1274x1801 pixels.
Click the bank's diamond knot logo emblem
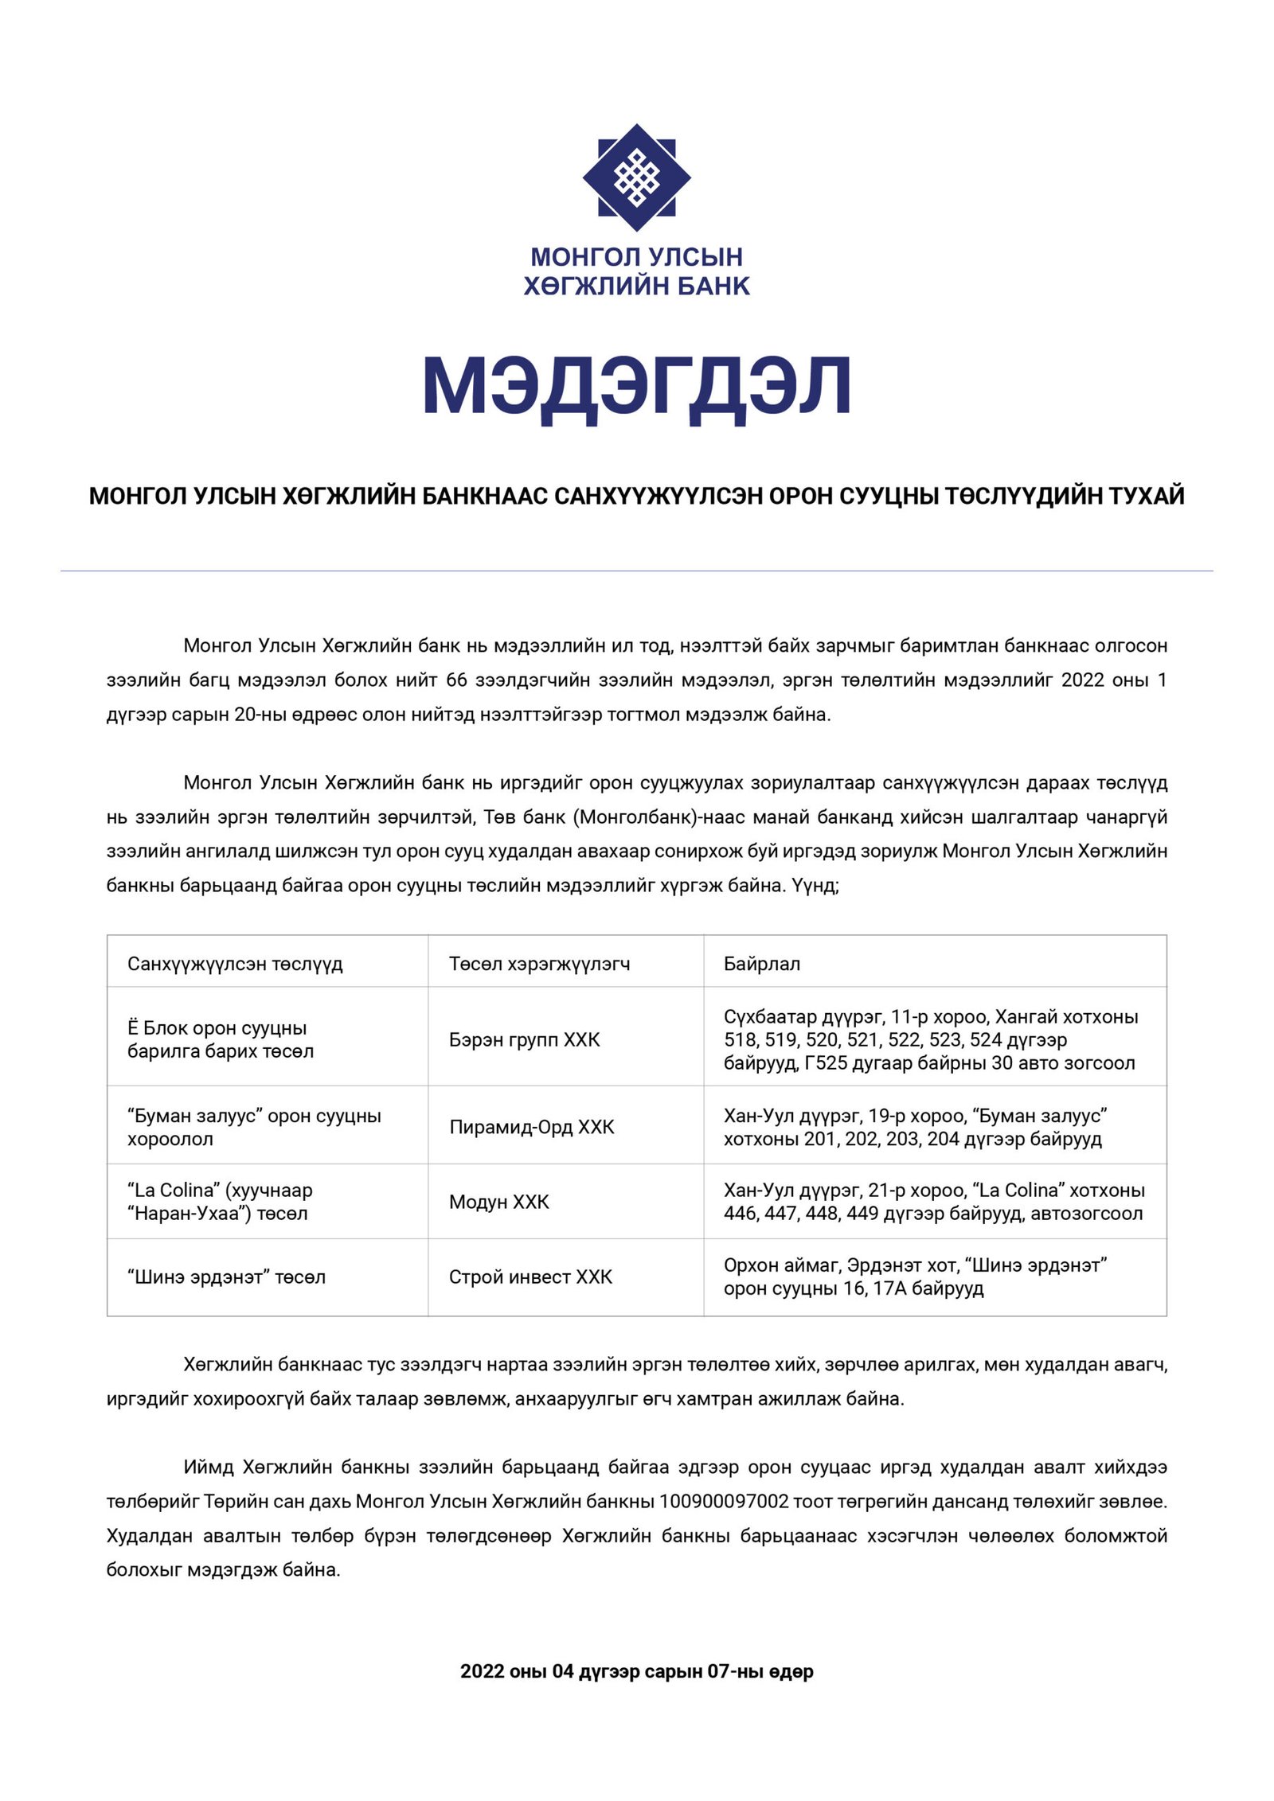(636, 177)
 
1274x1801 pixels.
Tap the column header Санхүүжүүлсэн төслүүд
(235, 964)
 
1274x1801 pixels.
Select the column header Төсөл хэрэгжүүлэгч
(539, 964)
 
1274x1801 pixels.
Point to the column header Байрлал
(761, 964)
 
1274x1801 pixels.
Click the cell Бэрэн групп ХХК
(524, 1039)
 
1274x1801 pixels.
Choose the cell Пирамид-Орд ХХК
(531, 1127)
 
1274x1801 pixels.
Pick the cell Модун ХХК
(498, 1202)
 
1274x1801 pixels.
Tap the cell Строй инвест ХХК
(530, 1277)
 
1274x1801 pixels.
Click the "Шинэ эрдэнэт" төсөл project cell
(226, 1277)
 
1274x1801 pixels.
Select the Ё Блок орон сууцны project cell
(221, 1039)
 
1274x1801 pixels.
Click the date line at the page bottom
(636, 1671)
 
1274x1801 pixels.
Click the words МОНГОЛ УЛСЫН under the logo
(636, 257)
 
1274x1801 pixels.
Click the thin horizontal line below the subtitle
(636, 571)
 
